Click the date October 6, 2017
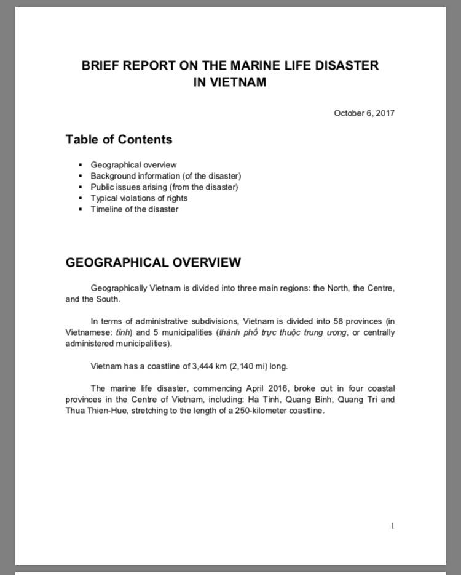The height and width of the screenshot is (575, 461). point(364,113)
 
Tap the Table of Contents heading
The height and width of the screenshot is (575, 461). point(119,140)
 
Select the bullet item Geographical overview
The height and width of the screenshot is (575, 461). point(133,165)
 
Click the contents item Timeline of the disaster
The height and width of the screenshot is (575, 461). point(134,209)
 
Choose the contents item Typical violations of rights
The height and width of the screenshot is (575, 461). point(139,198)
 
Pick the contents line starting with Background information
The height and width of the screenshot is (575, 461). point(165,176)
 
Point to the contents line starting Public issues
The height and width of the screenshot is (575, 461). point(164,187)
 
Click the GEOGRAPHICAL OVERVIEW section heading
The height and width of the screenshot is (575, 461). point(153,263)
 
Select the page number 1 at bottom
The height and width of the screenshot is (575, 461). point(392,526)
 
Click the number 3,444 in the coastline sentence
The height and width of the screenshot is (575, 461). point(204,366)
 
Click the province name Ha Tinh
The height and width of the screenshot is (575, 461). point(262,400)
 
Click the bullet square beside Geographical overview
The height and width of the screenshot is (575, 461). point(80,165)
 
